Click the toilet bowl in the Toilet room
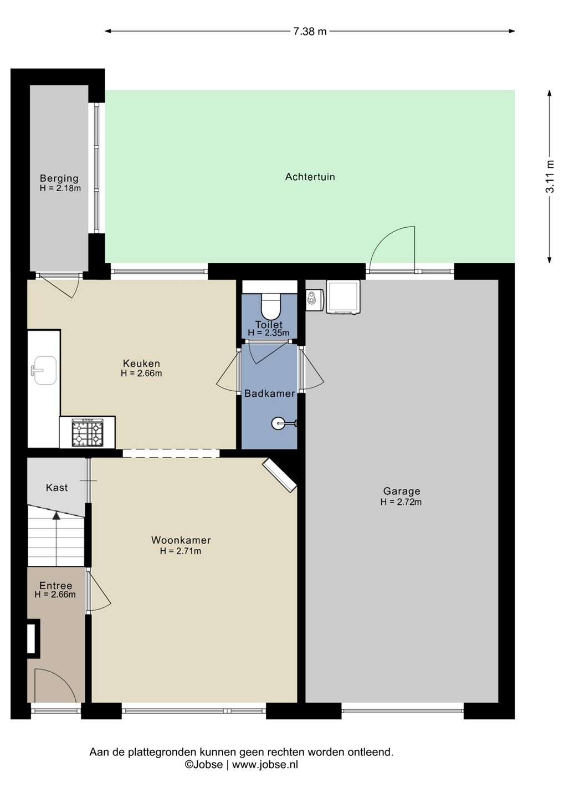pyautogui.click(x=270, y=306)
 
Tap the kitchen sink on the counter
pyautogui.click(x=44, y=371)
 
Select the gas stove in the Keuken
pyautogui.click(x=88, y=432)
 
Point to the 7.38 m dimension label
pyautogui.click(x=310, y=32)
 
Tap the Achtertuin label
pyautogui.click(x=310, y=177)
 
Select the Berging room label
pyautogui.click(x=59, y=178)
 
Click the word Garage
pyautogui.click(x=402, y=491)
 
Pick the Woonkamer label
pyautogui.click(x=181, y=540)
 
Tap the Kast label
pyautogui.click(x=57, y=487)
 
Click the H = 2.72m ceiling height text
pyautogui.click(x=401, y=502)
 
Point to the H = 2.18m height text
pyautogui.click(x=60, y=188)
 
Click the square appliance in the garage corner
pyautogui.click(x=343, y=297)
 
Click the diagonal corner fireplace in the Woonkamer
pyautogui.click(x=280, y=475)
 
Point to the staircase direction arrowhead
pyautogui.click(x=57, y=515)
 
